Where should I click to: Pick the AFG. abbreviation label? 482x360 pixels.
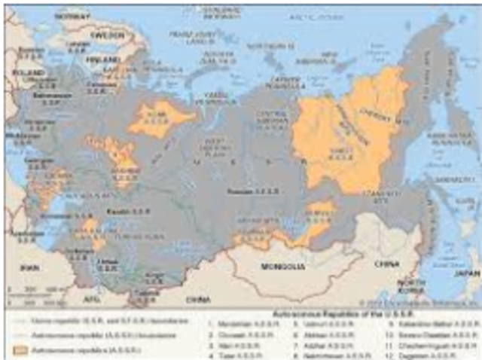(90, 299)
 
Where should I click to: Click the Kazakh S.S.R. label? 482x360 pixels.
(120, 212)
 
